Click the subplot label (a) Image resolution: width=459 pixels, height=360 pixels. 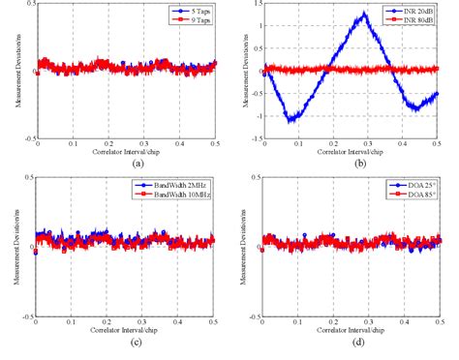point(125,165)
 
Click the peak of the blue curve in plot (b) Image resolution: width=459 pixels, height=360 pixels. point(363,14)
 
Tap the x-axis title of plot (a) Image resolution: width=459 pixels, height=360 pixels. point(125,153)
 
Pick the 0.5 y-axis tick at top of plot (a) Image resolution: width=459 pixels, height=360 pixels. point(30,5)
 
